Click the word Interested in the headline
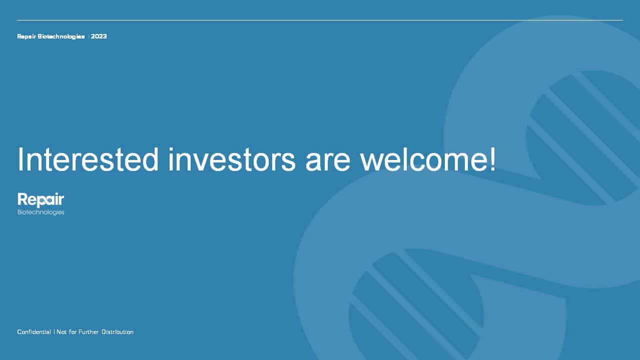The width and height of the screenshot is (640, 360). [x=88, y=159]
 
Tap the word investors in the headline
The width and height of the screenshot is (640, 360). [x=232, y=159]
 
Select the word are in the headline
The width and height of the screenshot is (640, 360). [x=328, y=162]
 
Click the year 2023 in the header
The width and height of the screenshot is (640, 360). [x=99, y=36]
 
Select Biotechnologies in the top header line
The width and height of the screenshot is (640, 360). [x=61, y=37]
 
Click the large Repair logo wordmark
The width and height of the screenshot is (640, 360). [x=41, y=200]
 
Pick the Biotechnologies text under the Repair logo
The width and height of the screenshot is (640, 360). [x=41, y=212]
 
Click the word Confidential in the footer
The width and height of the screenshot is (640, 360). [x=34, y=332]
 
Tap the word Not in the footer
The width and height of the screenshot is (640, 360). [x=62, y=332]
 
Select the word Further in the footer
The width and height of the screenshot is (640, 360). [x=89, y=332]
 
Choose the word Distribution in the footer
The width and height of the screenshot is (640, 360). [x=118, y=332]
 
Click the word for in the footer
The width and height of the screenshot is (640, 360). [x=73, y=332]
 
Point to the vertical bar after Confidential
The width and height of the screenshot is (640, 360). [x=54, y=332]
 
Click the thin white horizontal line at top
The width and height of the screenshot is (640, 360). [x=320, y=20]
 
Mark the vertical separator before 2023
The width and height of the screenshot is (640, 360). [x=89, y=36]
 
